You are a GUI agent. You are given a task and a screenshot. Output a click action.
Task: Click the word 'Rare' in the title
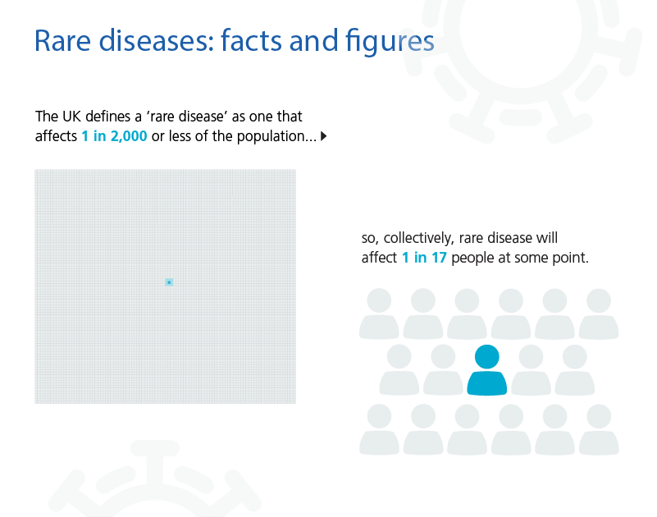coord(62,41)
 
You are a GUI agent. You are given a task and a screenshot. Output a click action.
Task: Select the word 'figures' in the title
coord(390,43)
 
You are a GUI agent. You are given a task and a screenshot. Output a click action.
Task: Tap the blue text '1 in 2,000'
coord(114,136)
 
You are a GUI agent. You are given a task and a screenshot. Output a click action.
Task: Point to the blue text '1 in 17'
coord(424,258)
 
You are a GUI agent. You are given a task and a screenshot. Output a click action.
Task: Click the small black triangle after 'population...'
coord(323,136)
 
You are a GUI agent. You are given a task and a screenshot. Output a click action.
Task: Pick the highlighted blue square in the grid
coord(169,282)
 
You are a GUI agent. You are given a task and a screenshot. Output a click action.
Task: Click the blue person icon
coord(487,370)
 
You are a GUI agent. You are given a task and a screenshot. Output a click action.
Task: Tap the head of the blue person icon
coord(487,357)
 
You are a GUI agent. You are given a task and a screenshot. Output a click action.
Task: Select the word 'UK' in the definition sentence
coord(71,117)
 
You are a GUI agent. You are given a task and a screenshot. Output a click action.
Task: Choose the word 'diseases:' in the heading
coord(157,41)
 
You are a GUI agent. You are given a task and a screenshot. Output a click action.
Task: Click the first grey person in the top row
coord(379,313)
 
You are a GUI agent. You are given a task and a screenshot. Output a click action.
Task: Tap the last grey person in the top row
coord(599,313)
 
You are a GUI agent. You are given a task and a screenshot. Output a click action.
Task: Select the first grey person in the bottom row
coord(379,429)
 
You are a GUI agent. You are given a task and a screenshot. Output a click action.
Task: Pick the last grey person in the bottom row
coord(599,429)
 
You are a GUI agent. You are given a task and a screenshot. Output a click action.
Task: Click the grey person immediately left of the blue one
coord(443,370)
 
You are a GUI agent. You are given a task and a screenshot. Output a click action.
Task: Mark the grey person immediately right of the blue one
coord(531,370)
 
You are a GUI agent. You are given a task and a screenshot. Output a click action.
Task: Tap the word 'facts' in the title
coord(250,41)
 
